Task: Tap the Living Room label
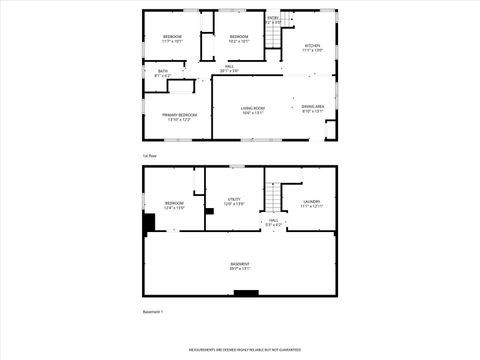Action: pos(252,110)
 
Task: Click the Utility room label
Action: pos(234,201)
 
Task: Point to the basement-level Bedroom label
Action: pos(174,205)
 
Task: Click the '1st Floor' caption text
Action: pos(150,156)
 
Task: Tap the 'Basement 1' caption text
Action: pos(153,312)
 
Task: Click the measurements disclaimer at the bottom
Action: pos(240,350)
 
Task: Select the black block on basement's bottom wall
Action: pos(245,293)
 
